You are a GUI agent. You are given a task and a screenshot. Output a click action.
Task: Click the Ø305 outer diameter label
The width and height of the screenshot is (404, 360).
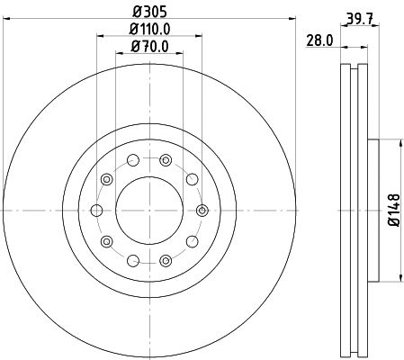[149, 14]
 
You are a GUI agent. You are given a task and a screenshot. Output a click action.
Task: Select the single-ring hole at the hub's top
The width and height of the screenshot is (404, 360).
[133, 160]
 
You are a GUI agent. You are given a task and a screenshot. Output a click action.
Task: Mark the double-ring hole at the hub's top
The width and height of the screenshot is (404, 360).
[166, 160]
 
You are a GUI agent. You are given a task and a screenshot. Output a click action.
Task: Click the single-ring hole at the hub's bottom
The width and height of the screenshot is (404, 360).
[133, 260]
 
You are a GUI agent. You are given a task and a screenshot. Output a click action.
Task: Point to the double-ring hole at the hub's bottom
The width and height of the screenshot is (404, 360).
[166, 260]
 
